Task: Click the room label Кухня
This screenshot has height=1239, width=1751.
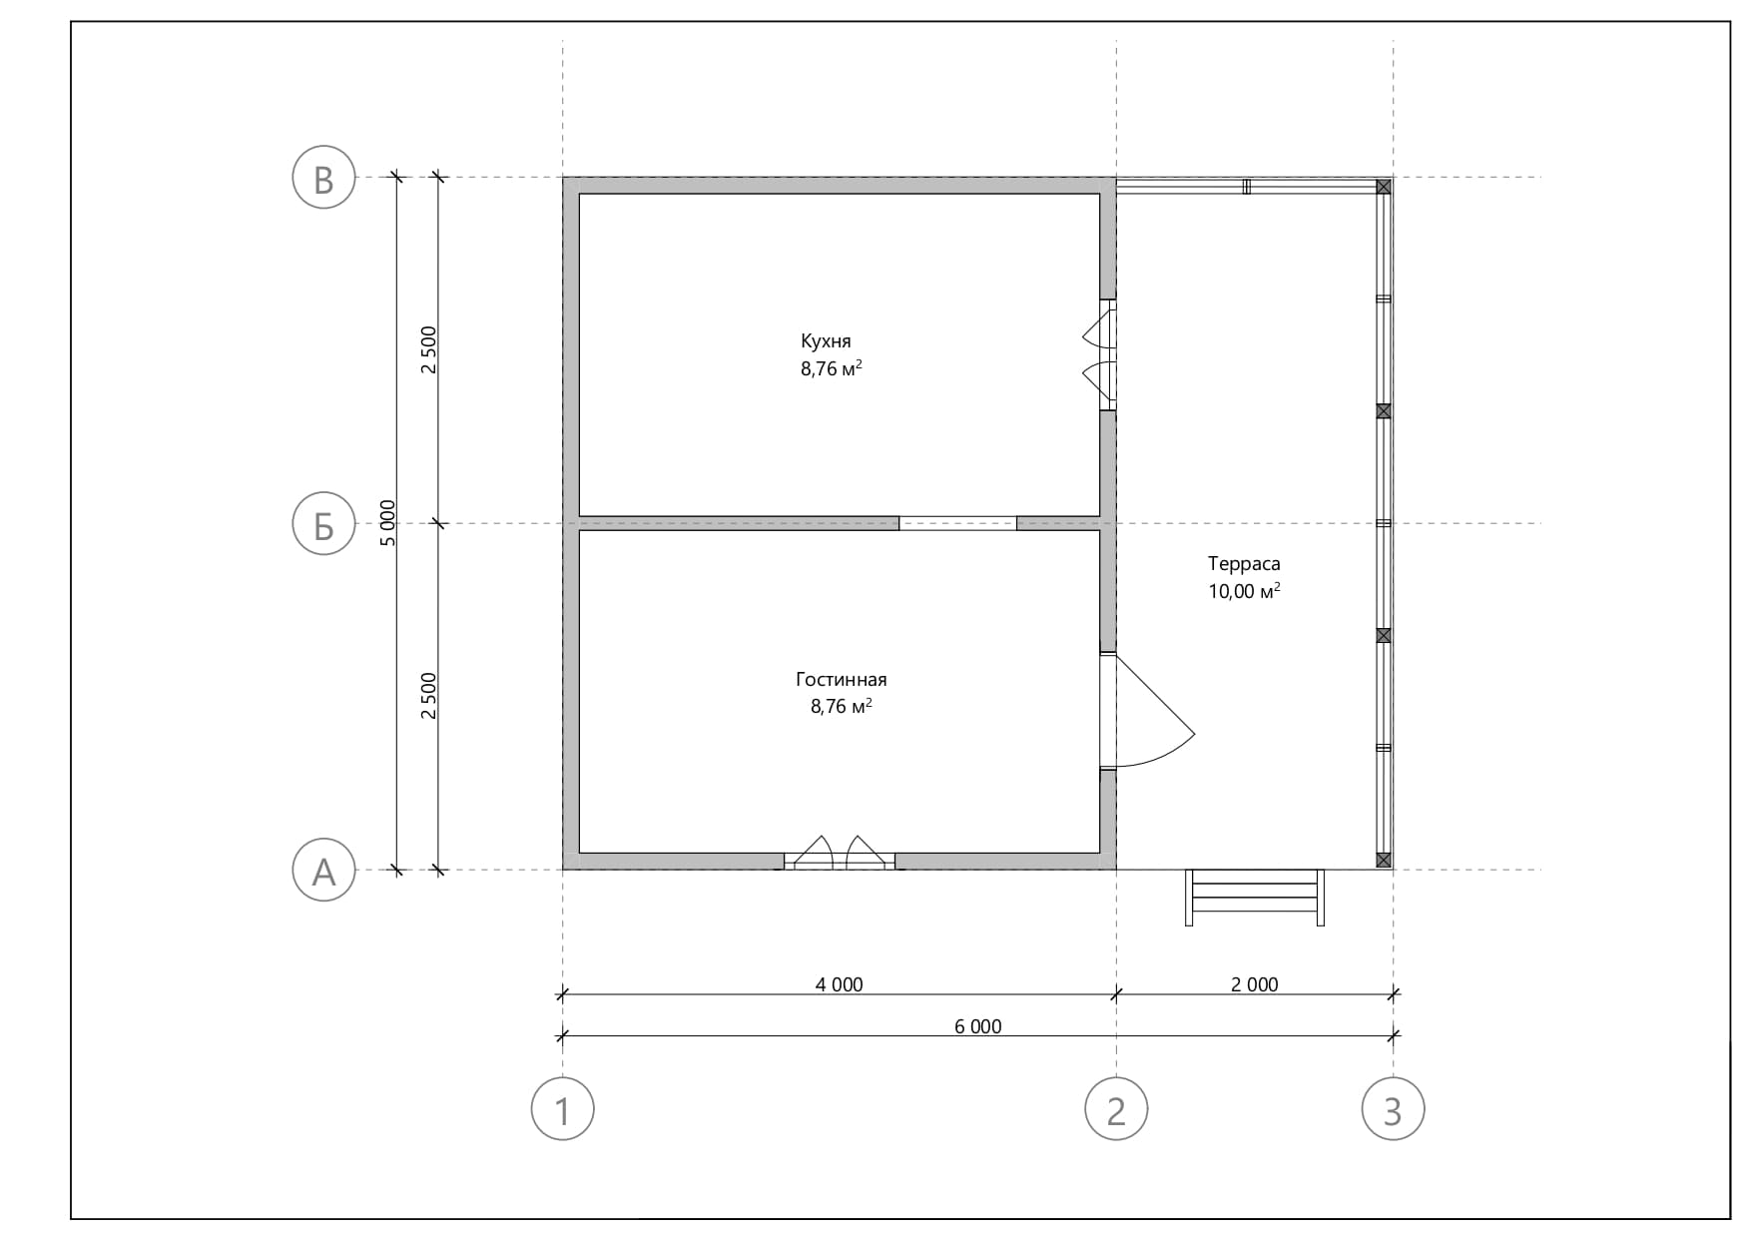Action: pos(826,341)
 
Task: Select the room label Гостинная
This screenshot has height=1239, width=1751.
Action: pos(841,679)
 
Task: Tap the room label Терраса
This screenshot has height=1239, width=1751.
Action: pos(1244,563)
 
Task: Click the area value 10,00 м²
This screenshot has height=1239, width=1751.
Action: pos(1244,591)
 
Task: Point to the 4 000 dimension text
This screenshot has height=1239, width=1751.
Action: pos(839,984)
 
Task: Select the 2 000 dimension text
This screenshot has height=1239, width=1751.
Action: pos(1254,984)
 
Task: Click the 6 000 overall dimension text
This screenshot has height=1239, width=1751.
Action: pos(977,1026)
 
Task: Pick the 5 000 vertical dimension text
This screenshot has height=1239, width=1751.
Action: pos(387,523)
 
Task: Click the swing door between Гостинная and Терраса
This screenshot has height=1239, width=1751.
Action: pos(1148,710)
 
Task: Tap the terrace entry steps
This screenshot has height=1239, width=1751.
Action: pos(1255,898)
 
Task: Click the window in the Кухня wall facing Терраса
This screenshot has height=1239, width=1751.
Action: pos(1101,354)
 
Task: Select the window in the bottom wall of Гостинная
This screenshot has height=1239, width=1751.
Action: pos(840,854)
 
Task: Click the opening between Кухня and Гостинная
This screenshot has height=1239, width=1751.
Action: pos(957,523)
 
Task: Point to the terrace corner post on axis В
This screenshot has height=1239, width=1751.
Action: pos(1384,187)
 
